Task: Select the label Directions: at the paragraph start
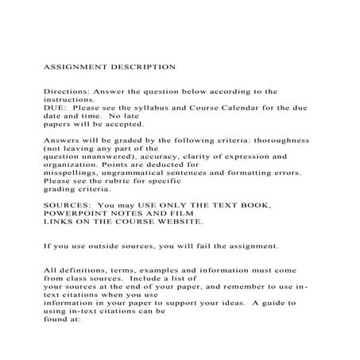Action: coord(66,92)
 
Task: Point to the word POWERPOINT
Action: coord(80,214)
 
